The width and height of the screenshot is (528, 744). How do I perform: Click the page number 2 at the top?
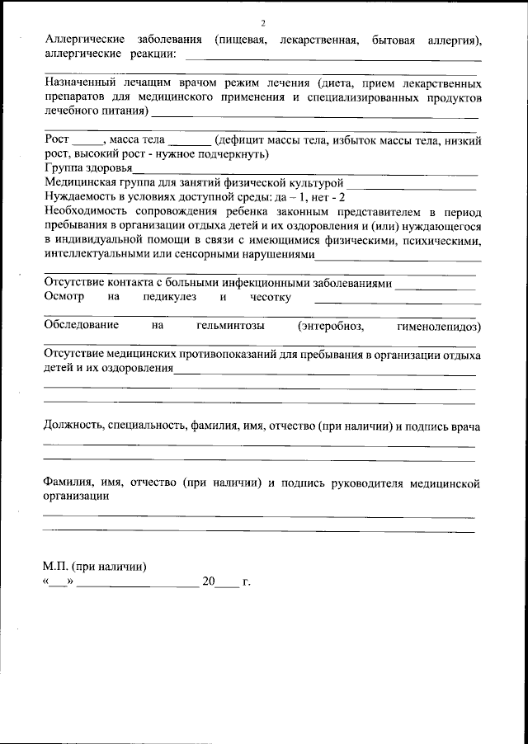(263, 23)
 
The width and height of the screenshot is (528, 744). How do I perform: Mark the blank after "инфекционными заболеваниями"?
(435, 283)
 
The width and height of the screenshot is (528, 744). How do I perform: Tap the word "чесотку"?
(268, 297)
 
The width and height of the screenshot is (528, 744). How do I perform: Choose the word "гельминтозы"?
(231, 326)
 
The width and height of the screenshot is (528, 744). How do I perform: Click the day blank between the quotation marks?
(58, 582)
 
